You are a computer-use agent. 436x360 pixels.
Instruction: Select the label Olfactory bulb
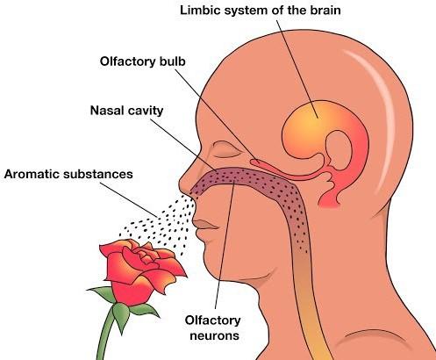pos(143,61)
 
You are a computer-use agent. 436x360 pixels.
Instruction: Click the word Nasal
pos(106,111)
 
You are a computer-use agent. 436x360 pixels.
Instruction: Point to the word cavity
pos(145,112)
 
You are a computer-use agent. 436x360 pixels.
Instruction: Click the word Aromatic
pos(32,174)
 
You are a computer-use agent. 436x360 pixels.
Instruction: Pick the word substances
pos(98,174)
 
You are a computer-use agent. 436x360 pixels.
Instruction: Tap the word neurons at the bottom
pos(214,336)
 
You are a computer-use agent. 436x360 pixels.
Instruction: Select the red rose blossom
pos(142,270)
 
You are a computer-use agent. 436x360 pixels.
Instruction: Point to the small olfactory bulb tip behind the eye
pos(255,162)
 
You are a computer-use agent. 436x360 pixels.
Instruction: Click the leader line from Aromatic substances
pos(129,200)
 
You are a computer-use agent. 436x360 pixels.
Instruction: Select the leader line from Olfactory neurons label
pos(225,245)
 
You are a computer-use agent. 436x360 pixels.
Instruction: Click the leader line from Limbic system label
pos(297,69)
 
